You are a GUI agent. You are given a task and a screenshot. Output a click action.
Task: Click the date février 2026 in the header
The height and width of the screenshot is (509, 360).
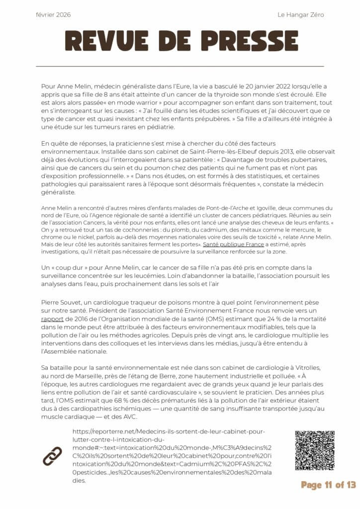(53, 15)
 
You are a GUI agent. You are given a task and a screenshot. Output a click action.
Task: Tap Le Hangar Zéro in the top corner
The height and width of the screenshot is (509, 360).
(300, 15)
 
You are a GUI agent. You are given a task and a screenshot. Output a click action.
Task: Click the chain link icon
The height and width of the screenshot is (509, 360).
(52, 456)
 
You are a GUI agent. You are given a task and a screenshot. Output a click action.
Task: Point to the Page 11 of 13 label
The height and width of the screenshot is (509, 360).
(328, 485)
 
